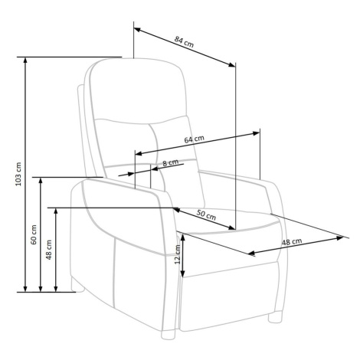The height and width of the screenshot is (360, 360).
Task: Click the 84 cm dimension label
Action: pos(184,41)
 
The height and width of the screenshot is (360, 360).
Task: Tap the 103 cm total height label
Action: pos(18,174)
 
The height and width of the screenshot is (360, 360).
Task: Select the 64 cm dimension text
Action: pos(194,139)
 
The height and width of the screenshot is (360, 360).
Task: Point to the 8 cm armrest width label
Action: pos(170,162)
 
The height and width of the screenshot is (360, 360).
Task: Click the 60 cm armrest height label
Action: pos(34,234)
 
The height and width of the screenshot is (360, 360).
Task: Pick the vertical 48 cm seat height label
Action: pos(48,250)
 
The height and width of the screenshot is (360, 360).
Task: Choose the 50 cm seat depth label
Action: pos(206,214)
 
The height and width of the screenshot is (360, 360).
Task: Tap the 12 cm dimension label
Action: pos(177,254)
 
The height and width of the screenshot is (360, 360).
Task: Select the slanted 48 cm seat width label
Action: pos(292,241)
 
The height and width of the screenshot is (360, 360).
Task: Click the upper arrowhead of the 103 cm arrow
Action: pos(25,61)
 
